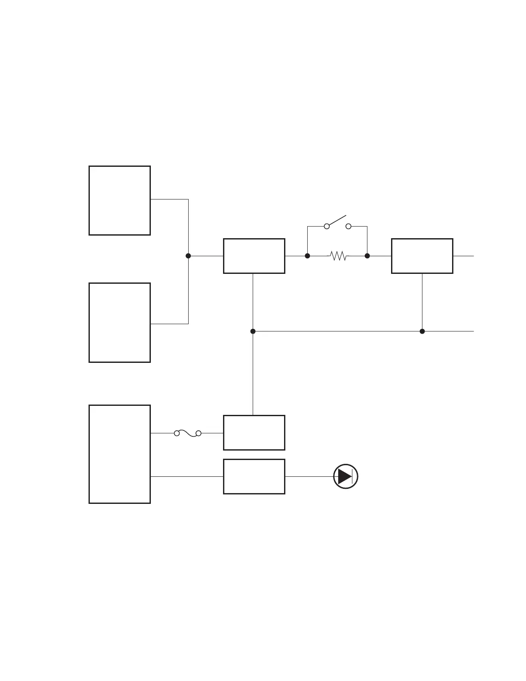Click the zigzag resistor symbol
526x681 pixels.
pos(338,256)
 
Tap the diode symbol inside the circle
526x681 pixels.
pos(346,476)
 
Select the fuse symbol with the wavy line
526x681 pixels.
pos(188,433)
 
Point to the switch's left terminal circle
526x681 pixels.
pos(327,226)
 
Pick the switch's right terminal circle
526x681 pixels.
pos(349,226)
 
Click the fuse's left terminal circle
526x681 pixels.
pos(177,433)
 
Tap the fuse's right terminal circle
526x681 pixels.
pos(199,433)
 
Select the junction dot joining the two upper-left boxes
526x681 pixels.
pos(188,256)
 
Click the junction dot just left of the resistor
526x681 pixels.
pos(307,256)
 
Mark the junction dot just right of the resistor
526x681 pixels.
pos(367,256)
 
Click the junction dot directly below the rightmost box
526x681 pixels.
pos(422,331)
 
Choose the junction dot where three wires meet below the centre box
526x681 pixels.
pos(253,331)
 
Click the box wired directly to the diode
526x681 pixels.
pos(254,476)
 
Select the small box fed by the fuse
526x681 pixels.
pos(254,433)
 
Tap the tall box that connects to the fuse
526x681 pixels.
pos(119,454)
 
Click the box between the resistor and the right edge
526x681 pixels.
pos(422,256)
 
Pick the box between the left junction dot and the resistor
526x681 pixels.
pos(254,256)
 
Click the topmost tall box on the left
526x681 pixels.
pos(119,200)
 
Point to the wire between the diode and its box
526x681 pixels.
pos(309,476)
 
